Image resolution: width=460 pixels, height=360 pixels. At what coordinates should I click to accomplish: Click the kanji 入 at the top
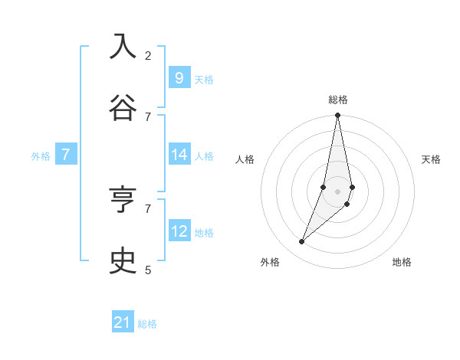[x=123, y=47]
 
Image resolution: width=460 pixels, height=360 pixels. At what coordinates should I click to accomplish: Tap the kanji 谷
[x=123, y=107]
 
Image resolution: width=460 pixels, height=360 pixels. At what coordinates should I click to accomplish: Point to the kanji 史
[x=123, y=260]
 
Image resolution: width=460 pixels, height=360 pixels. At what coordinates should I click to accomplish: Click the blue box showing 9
[x=179, y=77]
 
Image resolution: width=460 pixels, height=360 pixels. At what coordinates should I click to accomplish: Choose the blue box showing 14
[x=179, y=155]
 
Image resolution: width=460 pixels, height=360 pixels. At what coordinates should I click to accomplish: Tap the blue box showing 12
[x=179, y=231]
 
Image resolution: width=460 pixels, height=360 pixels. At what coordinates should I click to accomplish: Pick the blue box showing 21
[x=123, y=322]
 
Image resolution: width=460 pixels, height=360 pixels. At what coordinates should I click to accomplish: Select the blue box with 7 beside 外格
[x=66, y=155]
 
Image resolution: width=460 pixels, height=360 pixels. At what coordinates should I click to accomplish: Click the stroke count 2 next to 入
[x=148, y=56]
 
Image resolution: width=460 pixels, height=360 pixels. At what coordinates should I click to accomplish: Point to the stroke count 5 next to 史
[x=148, y=270]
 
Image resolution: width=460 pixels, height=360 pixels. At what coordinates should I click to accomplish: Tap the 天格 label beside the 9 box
[x=204, y=79]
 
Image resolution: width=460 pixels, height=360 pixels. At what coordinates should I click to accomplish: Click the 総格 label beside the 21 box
[x=147, y=324]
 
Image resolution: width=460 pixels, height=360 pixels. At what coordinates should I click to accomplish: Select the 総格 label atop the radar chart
[x=338, y=100]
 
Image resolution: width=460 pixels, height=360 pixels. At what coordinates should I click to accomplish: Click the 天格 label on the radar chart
[x=431, y=159]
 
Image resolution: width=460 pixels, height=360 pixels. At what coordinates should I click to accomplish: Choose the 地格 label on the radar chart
[x=402, y=262]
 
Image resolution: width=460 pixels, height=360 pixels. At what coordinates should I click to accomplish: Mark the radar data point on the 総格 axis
[x=337, y=116]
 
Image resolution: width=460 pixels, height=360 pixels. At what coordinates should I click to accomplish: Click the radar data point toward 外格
[x=301, y=242]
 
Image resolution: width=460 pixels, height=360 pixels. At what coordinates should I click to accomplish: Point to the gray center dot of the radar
[x=337, y=191]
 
